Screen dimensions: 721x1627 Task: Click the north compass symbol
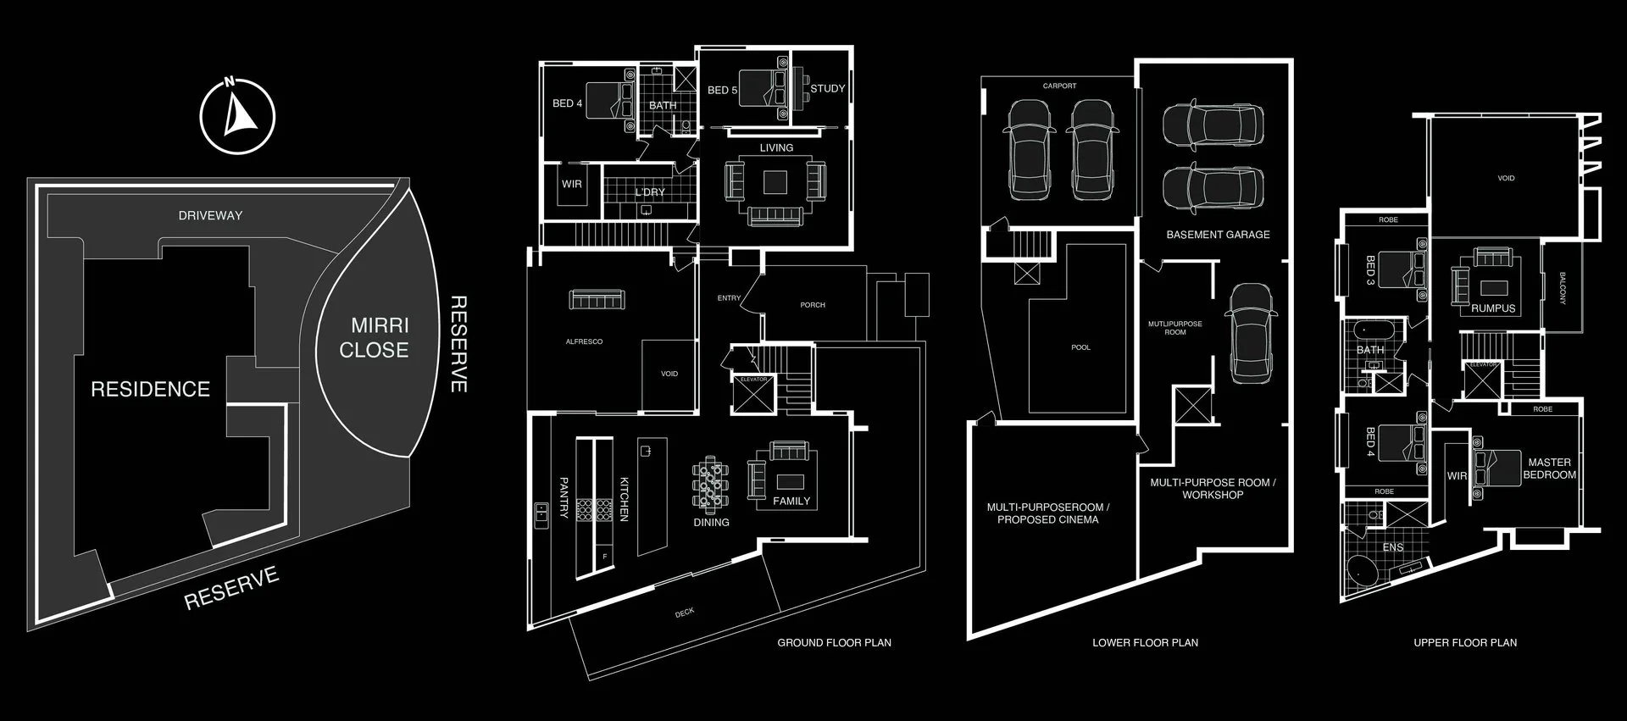(x=237, y=117)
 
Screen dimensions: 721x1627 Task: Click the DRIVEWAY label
(x=210, y=216)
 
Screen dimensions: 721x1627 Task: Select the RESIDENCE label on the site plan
(x=150, y=389)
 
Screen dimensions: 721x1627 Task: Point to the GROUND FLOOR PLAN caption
(x=834, y=643)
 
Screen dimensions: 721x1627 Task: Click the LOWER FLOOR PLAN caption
(x=1145, y=643)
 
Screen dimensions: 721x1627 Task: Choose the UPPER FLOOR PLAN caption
(x=1464, y=643)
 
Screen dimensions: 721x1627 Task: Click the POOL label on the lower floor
(x=1080, y=347)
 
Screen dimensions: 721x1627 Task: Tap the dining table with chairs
(x=710, y=485)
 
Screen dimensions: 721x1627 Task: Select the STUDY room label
(x=827, y=88)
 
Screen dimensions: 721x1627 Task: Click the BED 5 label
(x=722, y=90)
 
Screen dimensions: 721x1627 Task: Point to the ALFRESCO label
(x=584, y=342)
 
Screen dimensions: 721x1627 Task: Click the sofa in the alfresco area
(x=597, y=300)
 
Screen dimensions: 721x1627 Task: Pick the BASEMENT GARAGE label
(x=1218, y=235)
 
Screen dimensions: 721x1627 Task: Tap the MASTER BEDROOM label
(x=1549, y=469)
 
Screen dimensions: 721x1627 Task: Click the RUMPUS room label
(x=1493, y=308)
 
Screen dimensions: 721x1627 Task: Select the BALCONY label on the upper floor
(x=1563, y=288)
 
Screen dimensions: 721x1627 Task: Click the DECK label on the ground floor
(x=685, y=612)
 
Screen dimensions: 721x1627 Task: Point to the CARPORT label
(x=1059, y=86)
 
